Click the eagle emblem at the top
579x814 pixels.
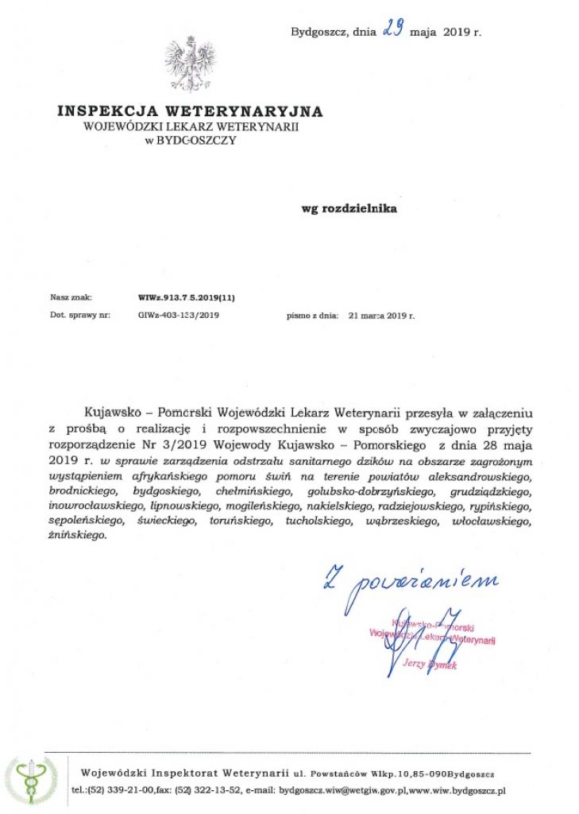190,63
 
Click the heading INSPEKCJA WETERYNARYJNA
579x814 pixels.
190,111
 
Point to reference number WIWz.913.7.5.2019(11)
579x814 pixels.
187,298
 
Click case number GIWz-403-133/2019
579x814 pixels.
179,315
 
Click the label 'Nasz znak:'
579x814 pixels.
71,298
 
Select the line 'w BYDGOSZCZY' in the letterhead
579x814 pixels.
190,140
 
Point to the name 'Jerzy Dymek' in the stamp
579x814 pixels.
430,664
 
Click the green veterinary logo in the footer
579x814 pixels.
32,781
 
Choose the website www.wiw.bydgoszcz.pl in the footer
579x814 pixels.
459,790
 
